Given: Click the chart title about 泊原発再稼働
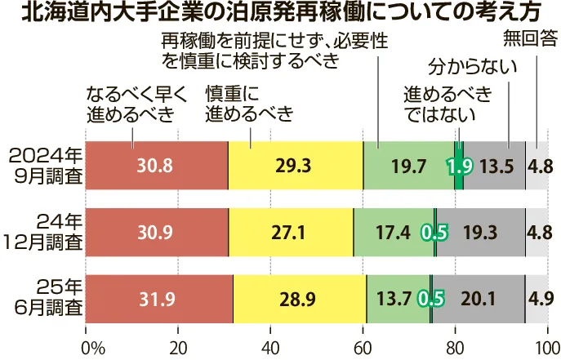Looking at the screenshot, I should [x=280, y=14].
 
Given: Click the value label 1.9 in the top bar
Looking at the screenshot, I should [x=458, y=166].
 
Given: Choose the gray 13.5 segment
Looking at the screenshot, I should [x=495, y=165].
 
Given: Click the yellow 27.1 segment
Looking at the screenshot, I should [x=291, y=233].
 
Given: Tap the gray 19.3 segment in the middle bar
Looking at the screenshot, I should [x=480, y=233].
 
